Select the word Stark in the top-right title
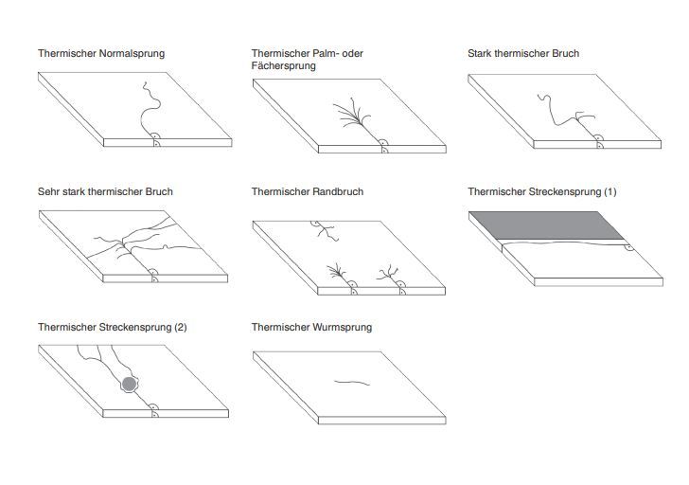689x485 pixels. [x=481, y=54]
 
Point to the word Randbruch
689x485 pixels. [x=336, y=191]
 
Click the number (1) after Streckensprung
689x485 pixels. [x=609, y=191]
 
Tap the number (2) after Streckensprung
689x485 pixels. [x=179, y=328]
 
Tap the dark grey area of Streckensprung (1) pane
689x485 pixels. [x=549, y=225]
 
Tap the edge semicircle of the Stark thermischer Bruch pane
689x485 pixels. [x=598, y=139]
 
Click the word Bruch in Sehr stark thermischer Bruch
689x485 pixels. [x=159, y=191]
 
